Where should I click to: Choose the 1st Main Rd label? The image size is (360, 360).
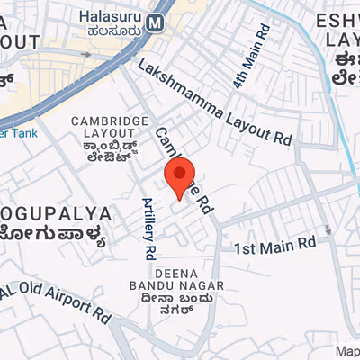pyautogui.click(x=275, y=245)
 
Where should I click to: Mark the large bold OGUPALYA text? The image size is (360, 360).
pyautogui.click(x=56, y=214)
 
